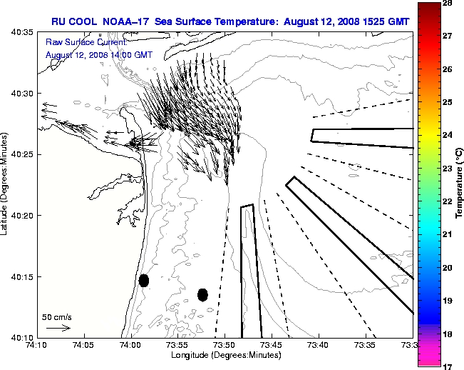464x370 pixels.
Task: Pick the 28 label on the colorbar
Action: coord(448,4)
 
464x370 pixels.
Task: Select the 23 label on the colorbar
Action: coord(448,169)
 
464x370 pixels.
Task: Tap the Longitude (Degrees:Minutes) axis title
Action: coord(225,355)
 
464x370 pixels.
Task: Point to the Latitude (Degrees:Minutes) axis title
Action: coord(6,184)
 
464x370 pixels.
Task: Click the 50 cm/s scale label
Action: coord(57,316)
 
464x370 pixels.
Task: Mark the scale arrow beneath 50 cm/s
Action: coord(58,328)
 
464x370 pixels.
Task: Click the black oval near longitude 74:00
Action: coord(144,280)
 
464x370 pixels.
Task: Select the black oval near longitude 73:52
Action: coord(202,294)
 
